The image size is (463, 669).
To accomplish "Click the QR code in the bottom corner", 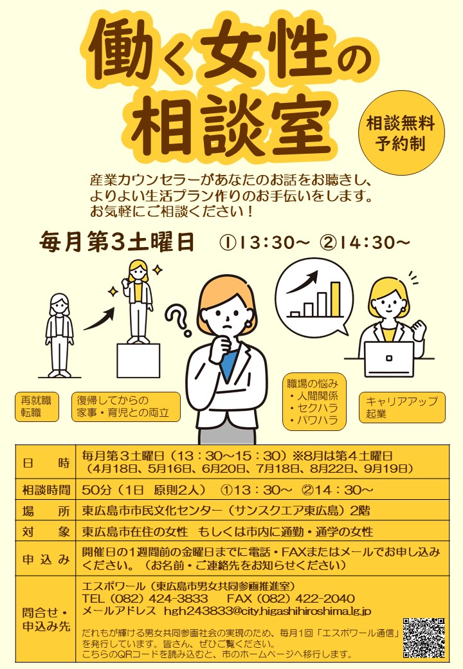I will coord(424,637).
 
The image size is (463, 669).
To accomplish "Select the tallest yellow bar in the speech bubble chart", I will coord(334,300).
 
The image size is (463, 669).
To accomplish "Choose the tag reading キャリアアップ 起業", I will coord(402,407).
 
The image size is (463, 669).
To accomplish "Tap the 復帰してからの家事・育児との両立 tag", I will coord(125,407).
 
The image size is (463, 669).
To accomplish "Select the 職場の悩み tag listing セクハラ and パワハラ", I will coord(314,402).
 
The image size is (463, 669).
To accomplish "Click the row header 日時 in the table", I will coord(45,462).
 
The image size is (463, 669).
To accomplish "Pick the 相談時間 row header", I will coord(45,490).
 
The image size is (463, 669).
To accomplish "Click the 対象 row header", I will coord(45,532).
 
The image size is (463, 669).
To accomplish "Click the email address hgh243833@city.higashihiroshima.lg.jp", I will coord(267,610).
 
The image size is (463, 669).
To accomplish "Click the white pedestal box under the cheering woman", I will coord(138,360).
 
